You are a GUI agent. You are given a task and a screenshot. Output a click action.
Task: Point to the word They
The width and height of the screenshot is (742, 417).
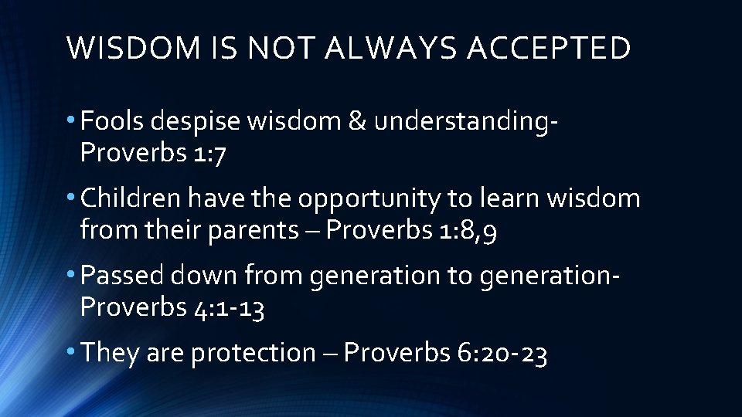[x=109, y=353]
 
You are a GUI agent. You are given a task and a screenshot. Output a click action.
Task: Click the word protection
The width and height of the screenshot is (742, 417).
[x=252, y=353]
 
